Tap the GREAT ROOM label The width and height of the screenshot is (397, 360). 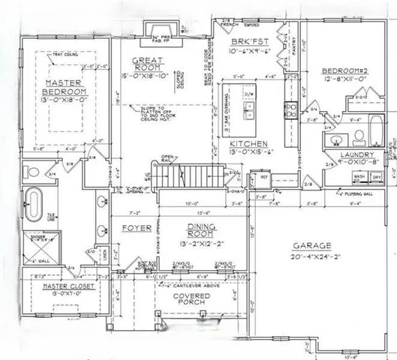(x=144, y=64)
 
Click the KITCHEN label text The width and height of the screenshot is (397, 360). (x=246, y=143)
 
